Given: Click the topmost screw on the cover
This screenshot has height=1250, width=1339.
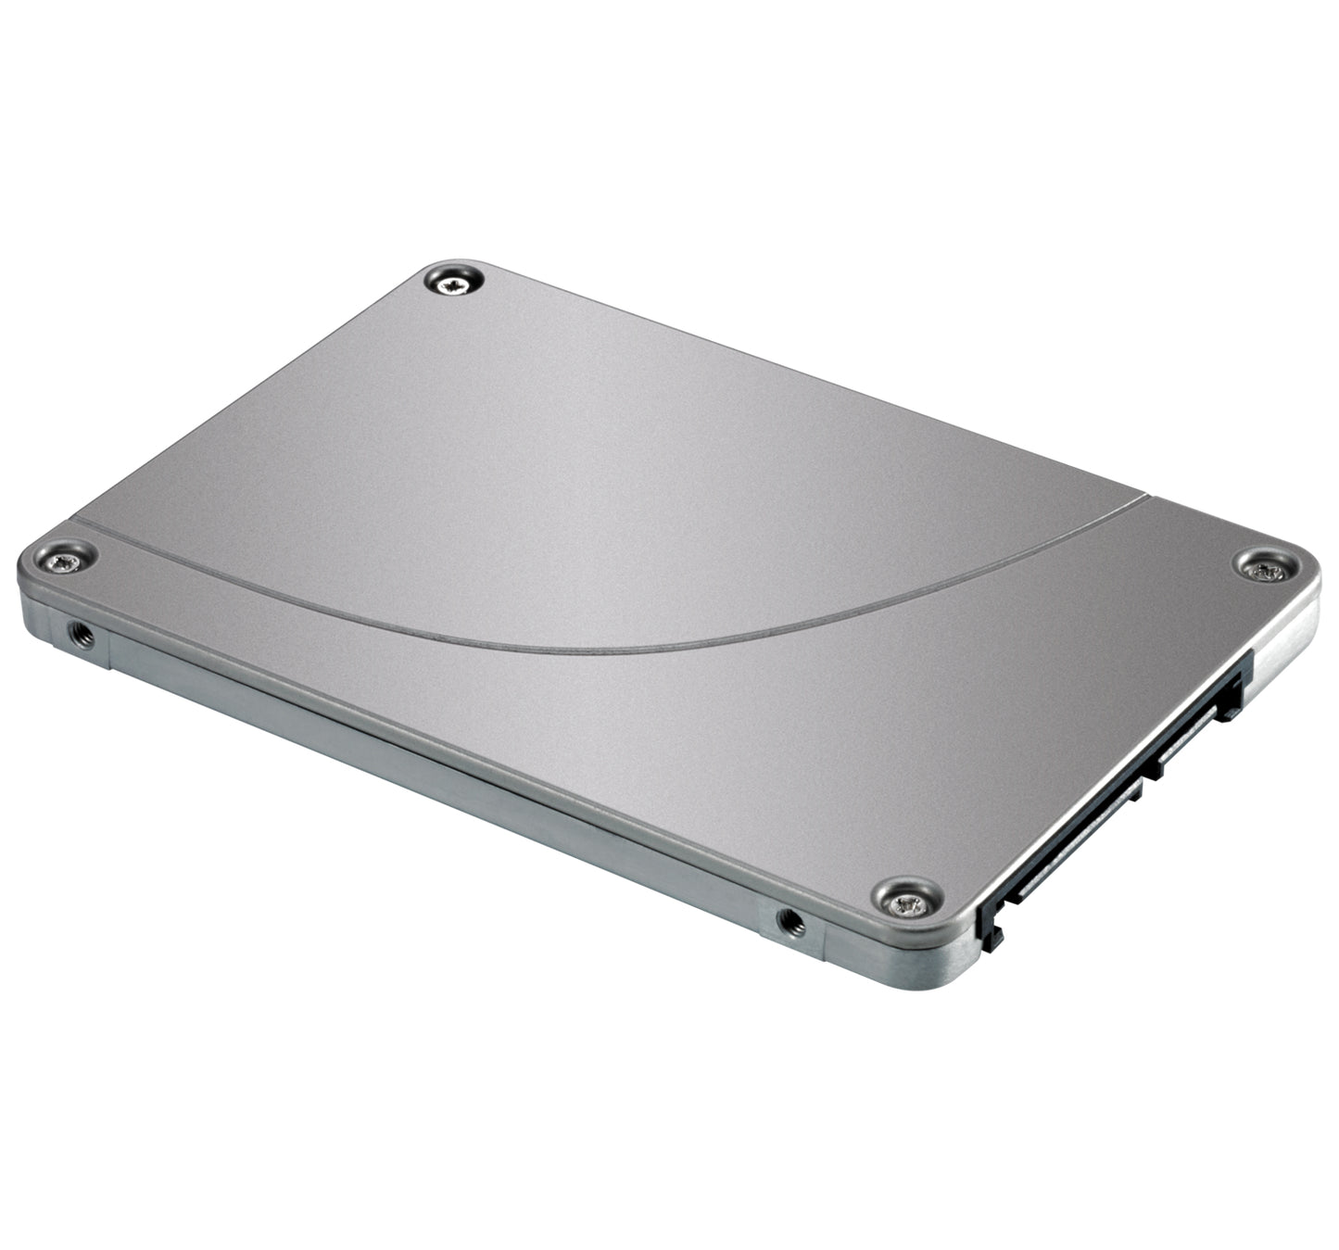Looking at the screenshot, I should tap(453, 280).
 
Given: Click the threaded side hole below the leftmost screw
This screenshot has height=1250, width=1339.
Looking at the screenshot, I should tap(81, 635).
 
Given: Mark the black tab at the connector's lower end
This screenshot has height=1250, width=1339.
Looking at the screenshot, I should tap(992, 927).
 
